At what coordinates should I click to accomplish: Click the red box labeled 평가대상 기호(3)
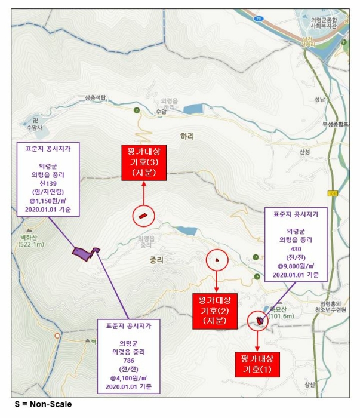coord(144,162)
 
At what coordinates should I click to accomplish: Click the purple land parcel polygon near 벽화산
coord(85,253)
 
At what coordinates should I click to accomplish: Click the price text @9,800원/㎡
coord(295,266)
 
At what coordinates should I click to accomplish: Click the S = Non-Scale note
coord(43,404)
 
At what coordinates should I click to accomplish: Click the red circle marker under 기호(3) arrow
coord(144,215)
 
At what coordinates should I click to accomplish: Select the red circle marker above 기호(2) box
coord(217,260)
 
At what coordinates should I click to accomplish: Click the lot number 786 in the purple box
coord(128,361)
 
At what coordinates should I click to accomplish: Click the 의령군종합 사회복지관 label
coord(324,23)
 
